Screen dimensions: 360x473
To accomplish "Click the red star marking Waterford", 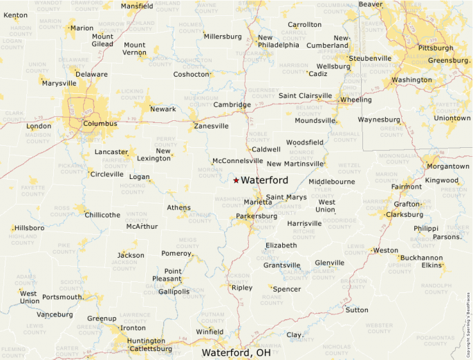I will point(236,180).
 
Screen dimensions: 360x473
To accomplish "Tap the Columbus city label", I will point(100,124).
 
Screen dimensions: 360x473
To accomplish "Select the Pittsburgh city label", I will point(436,48).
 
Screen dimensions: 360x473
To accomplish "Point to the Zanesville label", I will point(212,126).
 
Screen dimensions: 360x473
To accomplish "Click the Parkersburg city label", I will point(257,216).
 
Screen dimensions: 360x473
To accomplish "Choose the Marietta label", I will point(258,202).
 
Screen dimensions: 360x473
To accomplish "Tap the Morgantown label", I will point(448,167).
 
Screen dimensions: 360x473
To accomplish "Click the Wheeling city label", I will point(356,100).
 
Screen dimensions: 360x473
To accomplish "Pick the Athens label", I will point(178,208).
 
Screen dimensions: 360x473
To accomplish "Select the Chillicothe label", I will point(103,215).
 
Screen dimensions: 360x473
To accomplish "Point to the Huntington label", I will point(146,341).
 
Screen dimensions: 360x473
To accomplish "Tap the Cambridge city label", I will point(232,105).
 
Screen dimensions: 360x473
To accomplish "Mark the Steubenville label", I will point(369,59).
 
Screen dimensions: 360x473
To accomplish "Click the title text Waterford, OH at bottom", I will point(236,352).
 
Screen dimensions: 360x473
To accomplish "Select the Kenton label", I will point(16,15).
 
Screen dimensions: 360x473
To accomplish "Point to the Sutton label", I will point(357,310).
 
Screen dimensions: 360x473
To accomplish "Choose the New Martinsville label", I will point(295,164).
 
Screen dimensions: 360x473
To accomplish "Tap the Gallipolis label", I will point(174,292).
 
